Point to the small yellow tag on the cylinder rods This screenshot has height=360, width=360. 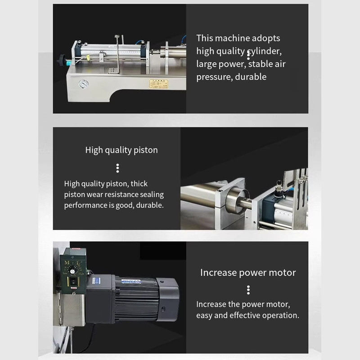(89, 57)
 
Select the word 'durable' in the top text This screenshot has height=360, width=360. (250, 76)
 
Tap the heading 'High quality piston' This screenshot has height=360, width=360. (121, 150)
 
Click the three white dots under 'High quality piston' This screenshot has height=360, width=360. (117, 168)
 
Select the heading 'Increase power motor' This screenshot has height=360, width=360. (248, 273)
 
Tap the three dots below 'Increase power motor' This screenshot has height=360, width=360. (248, 290)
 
